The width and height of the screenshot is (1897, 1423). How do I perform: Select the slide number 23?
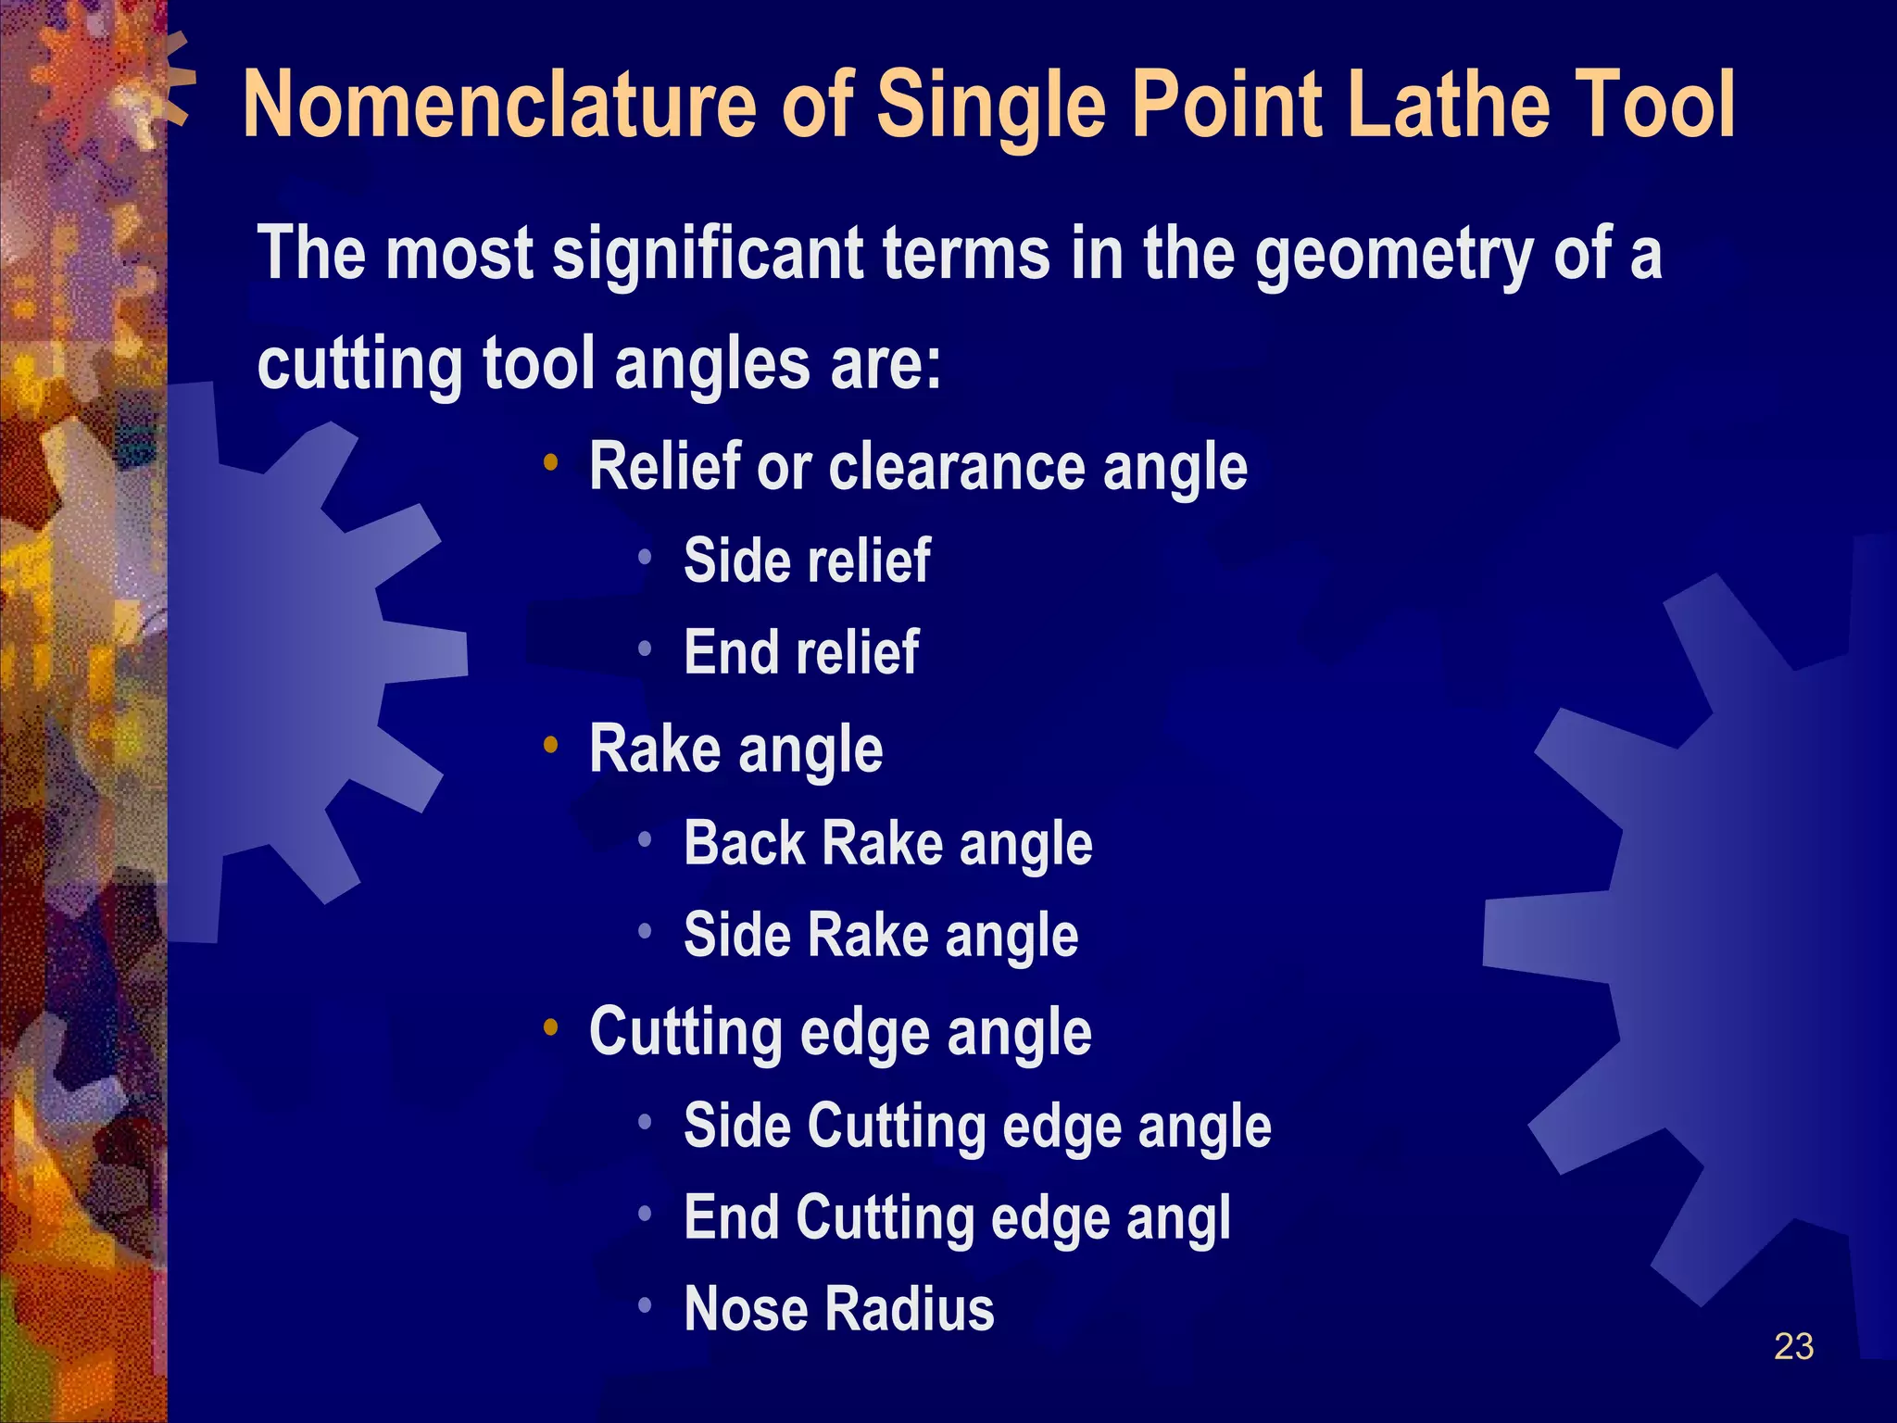[1793, 1346]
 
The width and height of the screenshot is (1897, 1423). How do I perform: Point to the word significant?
[708, 254]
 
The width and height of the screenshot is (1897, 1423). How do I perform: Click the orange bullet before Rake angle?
[551, 744]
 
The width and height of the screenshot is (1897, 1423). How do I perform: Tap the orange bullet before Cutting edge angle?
[551, 1026]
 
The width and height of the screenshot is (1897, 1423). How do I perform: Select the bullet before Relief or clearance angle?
[551, 462]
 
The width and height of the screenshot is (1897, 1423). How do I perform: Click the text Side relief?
[807, 560]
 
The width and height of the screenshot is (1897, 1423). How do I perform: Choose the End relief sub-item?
[801, 652]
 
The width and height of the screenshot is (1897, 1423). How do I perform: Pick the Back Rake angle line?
[887, 844]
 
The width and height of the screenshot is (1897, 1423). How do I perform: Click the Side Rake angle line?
[881, 935]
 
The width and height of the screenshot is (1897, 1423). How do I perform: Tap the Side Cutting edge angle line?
[977, 1127]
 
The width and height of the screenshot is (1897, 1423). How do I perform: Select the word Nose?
[746, 1309]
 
